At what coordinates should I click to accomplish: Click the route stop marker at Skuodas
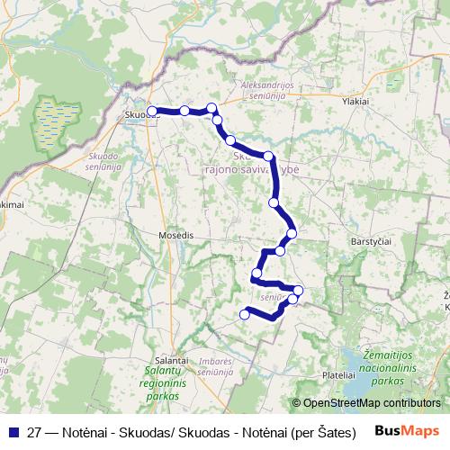(x=152, y=111)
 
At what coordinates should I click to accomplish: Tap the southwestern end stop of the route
(x=245, y=314)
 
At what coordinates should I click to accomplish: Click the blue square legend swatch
(x=13, y=430)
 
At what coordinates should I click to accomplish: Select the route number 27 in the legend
(x=34, y=430)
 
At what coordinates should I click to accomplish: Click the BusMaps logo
(x=409, y=430)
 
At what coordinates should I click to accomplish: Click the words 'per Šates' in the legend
(x=329, y=430)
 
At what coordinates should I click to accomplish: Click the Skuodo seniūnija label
(x=104, y=162)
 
